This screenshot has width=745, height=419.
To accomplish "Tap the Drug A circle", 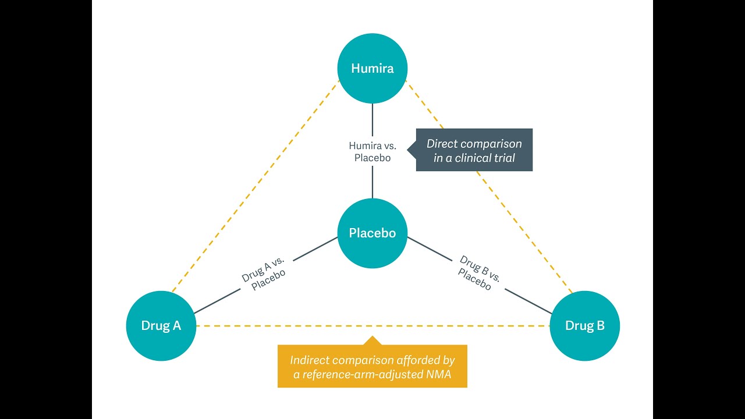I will (x=161, y=326).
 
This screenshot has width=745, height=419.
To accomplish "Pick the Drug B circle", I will (x=584, y=326).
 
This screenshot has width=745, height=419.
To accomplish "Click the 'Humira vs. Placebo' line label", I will (x=372, y=151).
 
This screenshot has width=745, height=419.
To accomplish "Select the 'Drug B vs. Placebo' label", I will (x=479, y=272).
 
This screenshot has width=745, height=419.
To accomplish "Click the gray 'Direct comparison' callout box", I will (x=474, y=150).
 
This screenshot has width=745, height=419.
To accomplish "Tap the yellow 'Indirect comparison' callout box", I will (x=372, y=366).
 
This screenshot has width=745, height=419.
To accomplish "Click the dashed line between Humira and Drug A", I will (x=256, y=186).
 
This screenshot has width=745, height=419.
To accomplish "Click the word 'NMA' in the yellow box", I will (x=438, y=374).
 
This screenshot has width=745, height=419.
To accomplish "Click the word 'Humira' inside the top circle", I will (x=372, y=69).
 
